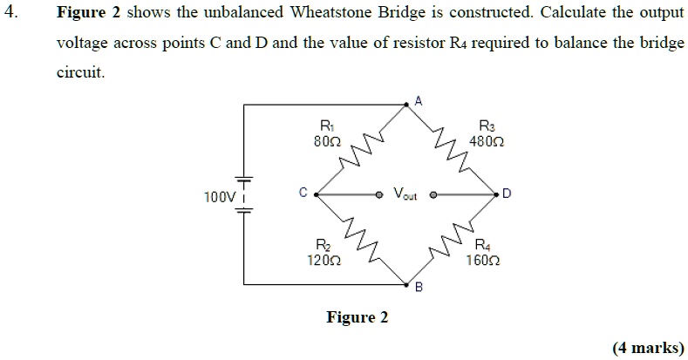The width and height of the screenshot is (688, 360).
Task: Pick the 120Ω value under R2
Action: [324, 261]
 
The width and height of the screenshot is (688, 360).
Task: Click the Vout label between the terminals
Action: [406, 194]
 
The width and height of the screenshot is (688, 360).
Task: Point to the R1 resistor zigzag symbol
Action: [364, 149]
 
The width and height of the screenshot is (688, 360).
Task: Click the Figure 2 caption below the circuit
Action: [357, 317]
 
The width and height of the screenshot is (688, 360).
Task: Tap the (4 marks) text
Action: [647, 347]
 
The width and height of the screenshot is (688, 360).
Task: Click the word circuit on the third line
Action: [80, 72]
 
